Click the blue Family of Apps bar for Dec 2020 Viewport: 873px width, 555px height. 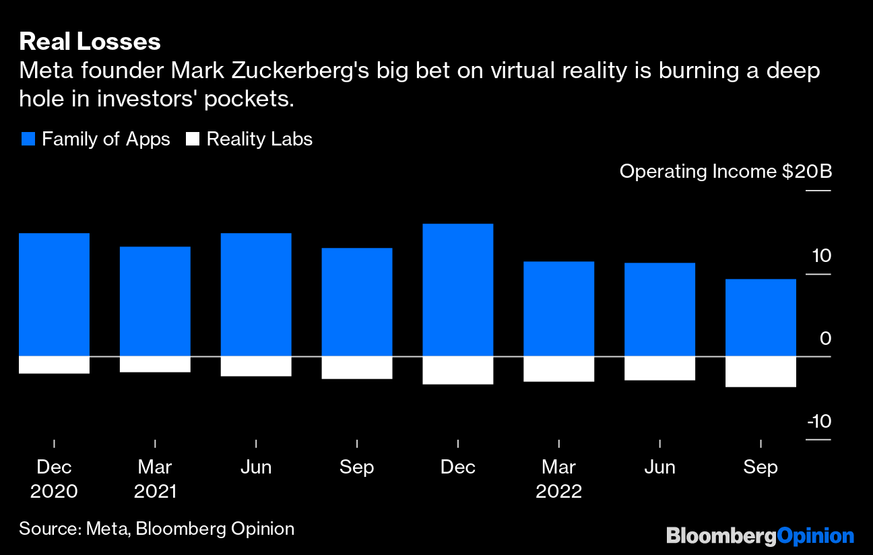(54, 294)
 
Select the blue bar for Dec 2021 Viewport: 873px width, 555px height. (458, 290)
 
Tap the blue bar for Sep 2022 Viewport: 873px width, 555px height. (761, 317)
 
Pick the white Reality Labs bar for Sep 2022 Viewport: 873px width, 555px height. (761, 372)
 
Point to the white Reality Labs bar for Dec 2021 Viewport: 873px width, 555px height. (458, 370)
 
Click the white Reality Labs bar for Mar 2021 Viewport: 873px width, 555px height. (155, 364)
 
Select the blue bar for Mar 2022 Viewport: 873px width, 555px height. (559, 308)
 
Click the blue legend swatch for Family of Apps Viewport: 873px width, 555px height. (28, 139)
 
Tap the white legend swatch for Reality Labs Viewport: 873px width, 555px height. (193, 139)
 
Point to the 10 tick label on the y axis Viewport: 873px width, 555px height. (821, 256)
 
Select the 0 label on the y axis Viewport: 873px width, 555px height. (825, 339)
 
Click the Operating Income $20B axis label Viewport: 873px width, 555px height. (725, 171)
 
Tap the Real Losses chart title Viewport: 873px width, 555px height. (90, 42)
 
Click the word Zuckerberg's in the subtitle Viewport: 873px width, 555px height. (269, 70)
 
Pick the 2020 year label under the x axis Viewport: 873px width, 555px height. (54, 491)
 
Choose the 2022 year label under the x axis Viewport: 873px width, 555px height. (559, 491)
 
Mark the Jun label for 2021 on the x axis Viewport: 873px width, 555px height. (256, 467)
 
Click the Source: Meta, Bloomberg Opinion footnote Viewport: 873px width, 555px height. (156, 529)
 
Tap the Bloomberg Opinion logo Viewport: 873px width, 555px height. (760, 536)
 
